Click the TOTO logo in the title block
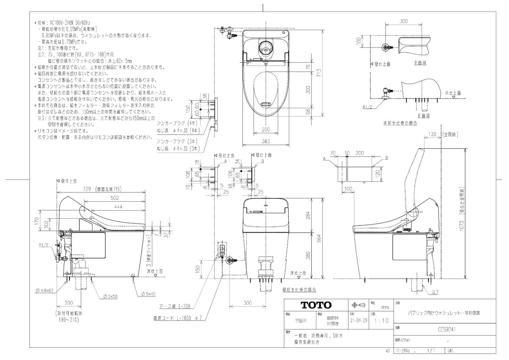[316, 305]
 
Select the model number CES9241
[444, 328]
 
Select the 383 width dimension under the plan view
[266, 140]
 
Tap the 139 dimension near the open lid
[433, 134]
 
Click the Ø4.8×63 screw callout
[45, 291]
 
